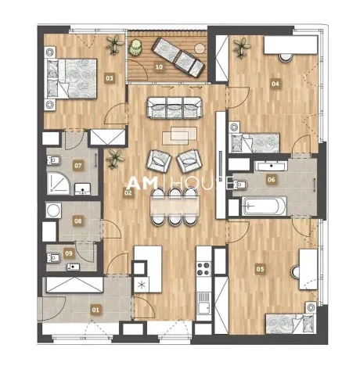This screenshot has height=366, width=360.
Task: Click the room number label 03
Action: tap(110, 77)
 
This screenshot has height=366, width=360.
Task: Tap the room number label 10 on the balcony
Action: tap(159, 68)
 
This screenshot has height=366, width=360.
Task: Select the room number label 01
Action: tap(96, 310)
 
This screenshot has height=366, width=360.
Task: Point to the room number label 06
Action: tap(271, 179)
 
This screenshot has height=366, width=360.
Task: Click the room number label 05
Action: tap(261, 268)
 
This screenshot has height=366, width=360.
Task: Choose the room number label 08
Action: tap(77, 221)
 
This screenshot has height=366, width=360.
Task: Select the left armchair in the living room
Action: tap(159, 162)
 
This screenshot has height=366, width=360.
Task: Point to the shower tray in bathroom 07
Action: tap(57, 185)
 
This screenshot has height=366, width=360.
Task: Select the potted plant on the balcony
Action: tap(136, 48)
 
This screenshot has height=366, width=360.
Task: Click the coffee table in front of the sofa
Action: tap(176, 135)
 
